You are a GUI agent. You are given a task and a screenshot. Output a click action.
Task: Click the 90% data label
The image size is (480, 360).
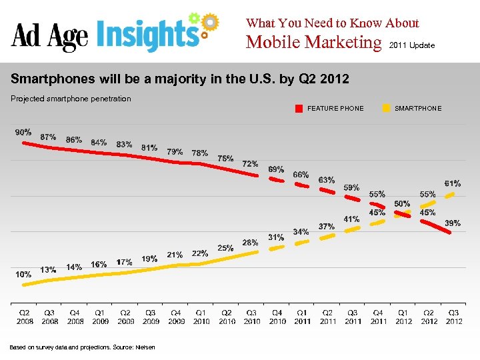(x=23, y=132)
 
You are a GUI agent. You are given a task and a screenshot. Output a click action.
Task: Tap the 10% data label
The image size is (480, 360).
(x=23, y=274)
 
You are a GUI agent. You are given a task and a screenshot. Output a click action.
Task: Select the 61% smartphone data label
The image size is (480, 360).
(x=453, y=183)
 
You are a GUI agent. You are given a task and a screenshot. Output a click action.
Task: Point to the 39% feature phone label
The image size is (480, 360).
(x=453, y=223)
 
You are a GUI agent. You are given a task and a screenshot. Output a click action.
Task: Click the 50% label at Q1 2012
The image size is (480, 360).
(x=402, y=203)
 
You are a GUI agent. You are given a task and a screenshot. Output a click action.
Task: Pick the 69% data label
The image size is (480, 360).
(x=276, y=169)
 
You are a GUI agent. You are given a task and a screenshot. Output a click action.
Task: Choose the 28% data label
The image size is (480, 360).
(x=250, y=243)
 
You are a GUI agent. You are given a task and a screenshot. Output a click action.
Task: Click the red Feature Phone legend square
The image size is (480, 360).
(x=300, y=108)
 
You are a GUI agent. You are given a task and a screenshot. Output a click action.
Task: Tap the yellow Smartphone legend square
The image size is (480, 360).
(x=387, y=108)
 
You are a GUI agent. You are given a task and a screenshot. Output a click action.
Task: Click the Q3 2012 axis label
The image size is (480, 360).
(x=453, y=317)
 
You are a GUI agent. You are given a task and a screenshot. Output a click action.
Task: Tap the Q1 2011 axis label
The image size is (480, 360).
(x=302, y=317)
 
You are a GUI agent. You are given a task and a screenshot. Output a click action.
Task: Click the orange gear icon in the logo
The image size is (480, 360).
(x=210, y=22)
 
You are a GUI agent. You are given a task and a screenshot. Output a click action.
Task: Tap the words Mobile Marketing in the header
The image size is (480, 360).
(x=313, y=43)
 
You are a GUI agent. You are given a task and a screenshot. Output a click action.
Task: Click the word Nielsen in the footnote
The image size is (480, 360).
(x=145, y=347)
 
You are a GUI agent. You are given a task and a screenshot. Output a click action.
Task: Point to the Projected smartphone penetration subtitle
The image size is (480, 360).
(x=71, y=99)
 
